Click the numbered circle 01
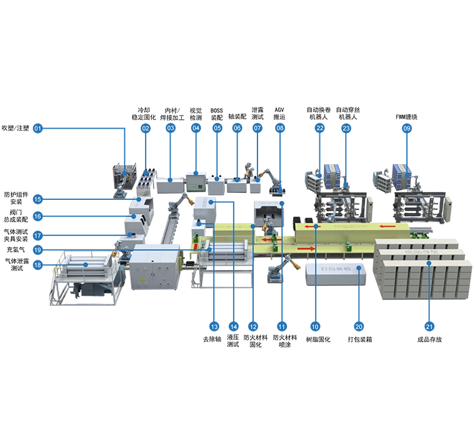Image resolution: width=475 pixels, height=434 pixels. tap(37, 128)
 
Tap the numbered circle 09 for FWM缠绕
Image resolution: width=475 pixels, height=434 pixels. tap(406, 128)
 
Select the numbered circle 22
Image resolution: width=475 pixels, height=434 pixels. tap(320, 128)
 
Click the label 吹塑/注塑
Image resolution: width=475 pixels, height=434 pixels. tap(16, 128)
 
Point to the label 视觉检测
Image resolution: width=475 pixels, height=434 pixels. tap(196, 114)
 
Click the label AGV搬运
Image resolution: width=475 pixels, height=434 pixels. tap(279, 113)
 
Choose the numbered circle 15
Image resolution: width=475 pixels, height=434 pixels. tap(37, 199)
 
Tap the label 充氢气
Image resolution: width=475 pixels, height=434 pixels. tap(16, 250)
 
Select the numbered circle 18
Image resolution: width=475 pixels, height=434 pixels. tap(37, 265)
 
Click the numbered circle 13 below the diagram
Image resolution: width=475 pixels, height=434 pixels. tap(214, 327)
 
